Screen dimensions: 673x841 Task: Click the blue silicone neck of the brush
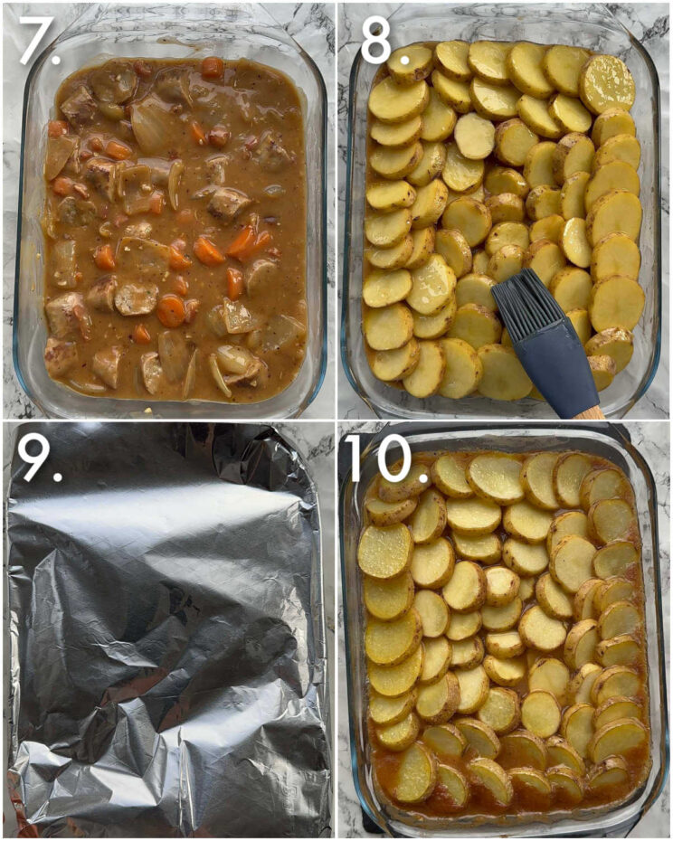(x=553, y=364)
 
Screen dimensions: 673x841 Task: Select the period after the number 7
(x=56, y=58)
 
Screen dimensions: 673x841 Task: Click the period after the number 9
(x=56, y=474)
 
